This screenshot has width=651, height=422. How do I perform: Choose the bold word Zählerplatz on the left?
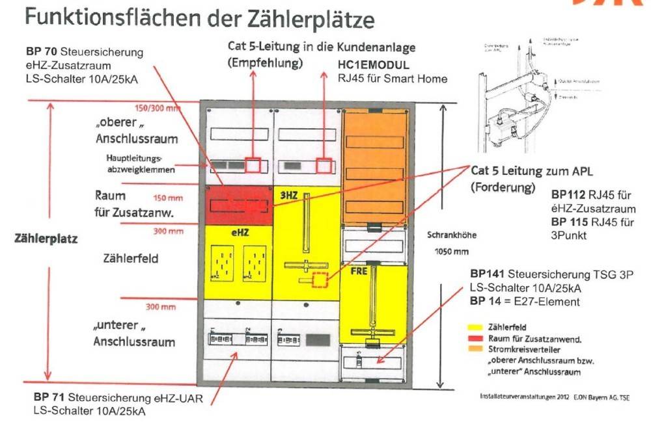click(45, 239)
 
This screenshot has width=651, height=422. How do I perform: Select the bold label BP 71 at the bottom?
click(49, 397)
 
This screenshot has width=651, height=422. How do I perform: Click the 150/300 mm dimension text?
click(157, 108)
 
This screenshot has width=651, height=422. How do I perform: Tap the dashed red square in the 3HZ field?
click(320, 280)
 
